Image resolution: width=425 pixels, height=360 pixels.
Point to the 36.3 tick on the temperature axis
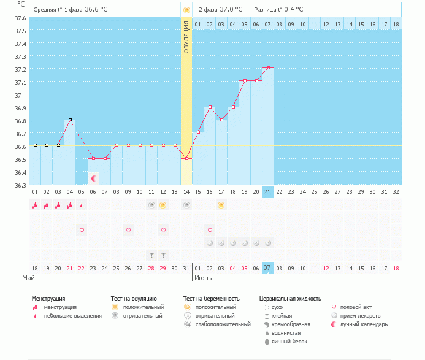click(21, 185)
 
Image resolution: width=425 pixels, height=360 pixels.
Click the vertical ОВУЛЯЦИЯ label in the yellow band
click(186, 37)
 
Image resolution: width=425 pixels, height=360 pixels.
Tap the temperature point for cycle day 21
click(268, 67)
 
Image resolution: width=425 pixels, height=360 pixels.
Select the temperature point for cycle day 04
click(70, 120)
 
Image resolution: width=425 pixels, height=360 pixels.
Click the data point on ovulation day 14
click(186, 158)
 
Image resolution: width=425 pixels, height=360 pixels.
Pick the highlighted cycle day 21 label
click(267, 191)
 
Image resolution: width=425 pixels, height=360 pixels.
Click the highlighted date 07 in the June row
click(267, 268)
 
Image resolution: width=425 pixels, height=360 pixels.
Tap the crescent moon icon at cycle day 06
click(94, 178)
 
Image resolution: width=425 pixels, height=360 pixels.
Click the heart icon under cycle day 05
click(82, 230)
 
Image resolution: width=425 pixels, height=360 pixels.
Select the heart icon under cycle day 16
click(210, 230)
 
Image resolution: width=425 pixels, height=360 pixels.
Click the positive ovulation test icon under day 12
click(163, 205)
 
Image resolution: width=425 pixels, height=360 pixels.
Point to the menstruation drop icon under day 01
click(35, 205)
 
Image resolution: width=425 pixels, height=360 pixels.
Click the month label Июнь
click(205, 278)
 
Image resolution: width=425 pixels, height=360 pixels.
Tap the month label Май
click(28, 278)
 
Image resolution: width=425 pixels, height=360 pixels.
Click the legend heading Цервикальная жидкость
click(290, 299)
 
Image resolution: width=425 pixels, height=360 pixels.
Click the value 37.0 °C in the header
click(231, 10)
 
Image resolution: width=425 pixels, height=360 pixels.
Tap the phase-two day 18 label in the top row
click(396, 24)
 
